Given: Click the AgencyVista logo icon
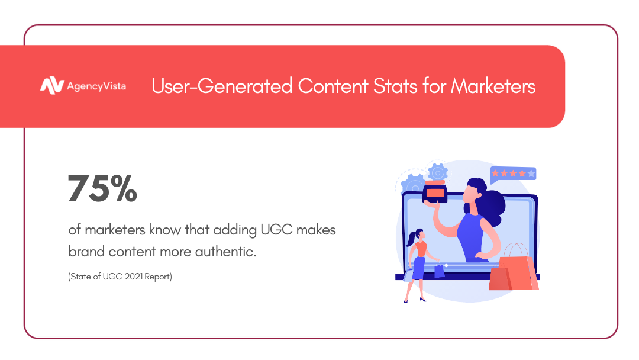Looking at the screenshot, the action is click(x=51, y=86).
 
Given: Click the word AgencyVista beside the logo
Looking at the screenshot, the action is click(x=96, y=86).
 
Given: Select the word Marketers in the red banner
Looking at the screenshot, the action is click(x=493, y=86).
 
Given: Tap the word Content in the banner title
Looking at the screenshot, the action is click(x=333, y=86).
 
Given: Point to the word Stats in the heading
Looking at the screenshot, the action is click(x=395, y=86).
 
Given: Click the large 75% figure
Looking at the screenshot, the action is click(x=103, y=188).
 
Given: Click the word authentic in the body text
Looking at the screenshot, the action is click(x=225, y=252).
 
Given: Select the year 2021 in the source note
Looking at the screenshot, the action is click(x=133, y=277).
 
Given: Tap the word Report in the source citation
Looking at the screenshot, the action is click(x=158, y=277).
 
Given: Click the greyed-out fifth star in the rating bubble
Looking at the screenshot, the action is click(x=531, y=173).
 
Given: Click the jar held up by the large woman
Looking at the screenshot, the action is click(x=435, y=192).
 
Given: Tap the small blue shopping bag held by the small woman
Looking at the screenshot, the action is click(x=439, y=271).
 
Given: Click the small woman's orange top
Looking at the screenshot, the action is click(x=421, y=249).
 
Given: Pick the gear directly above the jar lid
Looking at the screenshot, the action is click(x=438, y=172).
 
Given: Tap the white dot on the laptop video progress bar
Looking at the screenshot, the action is click(x=446, y=265).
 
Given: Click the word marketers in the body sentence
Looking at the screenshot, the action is click(x=115, y=230).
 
